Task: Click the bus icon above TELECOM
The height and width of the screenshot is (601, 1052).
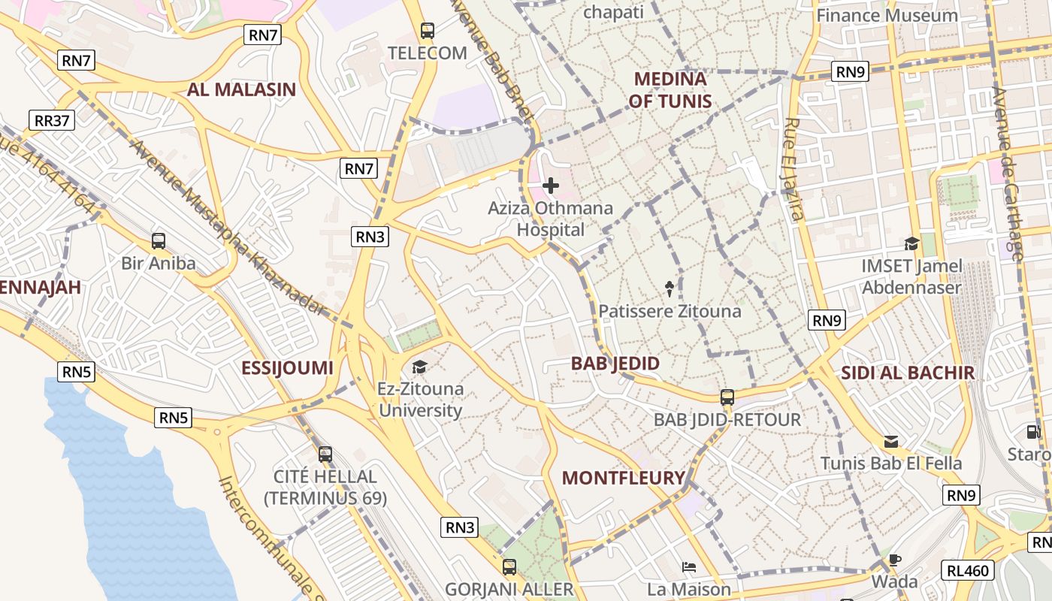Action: click(428, 31)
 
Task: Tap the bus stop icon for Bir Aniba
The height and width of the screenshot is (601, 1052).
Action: click(159, 241)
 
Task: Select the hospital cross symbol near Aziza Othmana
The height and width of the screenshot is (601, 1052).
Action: click(551, 185)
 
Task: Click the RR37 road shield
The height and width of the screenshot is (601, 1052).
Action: click(52, 120)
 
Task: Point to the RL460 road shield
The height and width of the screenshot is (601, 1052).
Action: click(968, 571)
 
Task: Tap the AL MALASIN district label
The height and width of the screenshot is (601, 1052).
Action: click(241, 90)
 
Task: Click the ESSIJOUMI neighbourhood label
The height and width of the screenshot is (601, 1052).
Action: click(287, 368)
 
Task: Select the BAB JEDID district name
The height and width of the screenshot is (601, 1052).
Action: click(615, 364)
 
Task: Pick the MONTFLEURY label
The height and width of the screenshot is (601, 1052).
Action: click(624, 478)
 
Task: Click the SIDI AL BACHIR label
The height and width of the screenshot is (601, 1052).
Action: click(907, 373)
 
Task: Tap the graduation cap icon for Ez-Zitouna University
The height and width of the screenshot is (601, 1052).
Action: click(419, 367)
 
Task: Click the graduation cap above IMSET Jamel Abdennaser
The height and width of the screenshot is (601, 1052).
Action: click(911, 243)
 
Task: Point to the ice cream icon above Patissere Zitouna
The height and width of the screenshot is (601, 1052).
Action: click(669, 288)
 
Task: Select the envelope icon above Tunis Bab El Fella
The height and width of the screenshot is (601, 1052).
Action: click(891, 441)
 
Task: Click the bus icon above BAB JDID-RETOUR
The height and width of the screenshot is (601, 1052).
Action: click(727, 397)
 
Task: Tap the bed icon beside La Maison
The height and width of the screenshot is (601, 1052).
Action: click(689, 567)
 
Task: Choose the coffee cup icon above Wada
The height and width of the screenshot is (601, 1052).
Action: click(894, 560)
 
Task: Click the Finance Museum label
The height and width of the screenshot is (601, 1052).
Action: click(887, 15)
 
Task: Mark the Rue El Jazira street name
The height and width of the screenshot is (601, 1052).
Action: click(794, 170)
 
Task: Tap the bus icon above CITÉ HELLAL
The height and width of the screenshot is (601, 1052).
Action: click(325, 454)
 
